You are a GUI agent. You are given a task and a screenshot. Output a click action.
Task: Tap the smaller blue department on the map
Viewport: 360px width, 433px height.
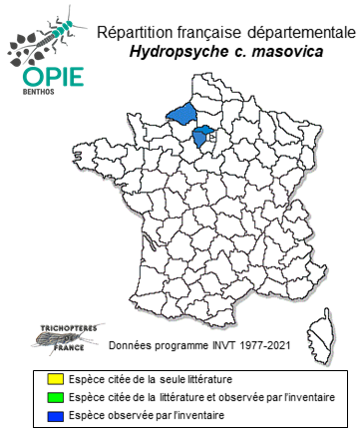coord(205,135)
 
